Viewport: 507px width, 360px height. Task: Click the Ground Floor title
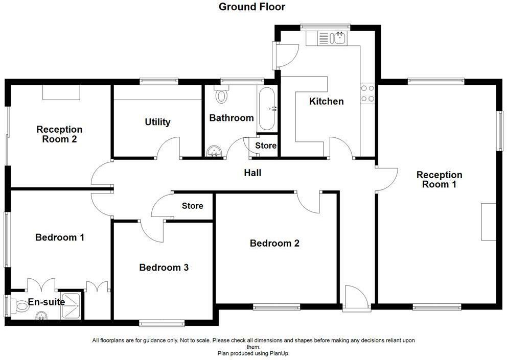click(x=252, y=7)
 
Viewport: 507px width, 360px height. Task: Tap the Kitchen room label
click(x=327, y=101)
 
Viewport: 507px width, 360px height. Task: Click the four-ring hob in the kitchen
click(x=367, y=93)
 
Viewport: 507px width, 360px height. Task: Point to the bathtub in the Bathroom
click(x=267, y=109)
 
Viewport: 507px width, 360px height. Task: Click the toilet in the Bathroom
click(x=222, y=94)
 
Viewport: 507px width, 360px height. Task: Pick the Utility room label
click(x=157, y=122)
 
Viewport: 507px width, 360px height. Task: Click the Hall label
click(x=252, y=173)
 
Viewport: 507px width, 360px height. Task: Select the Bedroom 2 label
click(x=274, y=243)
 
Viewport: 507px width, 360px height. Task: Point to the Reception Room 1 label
click(x=439, y=179)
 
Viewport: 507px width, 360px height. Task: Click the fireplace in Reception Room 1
click(x=489, y=221)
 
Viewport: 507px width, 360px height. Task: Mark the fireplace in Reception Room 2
click(x=61, y=92)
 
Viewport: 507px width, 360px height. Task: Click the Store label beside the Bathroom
click(x=266, y=146)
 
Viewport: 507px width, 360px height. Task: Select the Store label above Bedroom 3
click(x=193, y=206)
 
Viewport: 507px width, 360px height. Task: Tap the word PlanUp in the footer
click(x=279, y=353)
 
